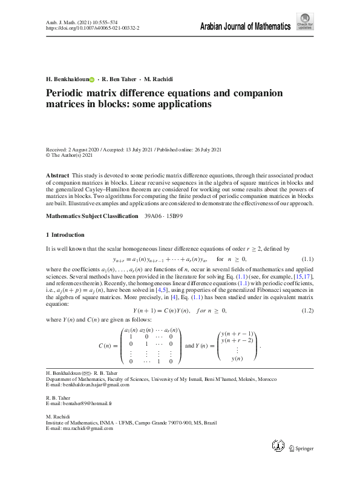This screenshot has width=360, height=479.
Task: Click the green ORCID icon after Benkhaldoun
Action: coord(93,79)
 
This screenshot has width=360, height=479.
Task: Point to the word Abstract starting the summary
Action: coord(57,175)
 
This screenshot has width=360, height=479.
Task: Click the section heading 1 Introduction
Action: coord(65,234)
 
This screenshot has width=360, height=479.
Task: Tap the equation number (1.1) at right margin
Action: coord(307,260)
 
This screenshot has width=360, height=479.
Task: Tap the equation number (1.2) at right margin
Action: coord(307,311)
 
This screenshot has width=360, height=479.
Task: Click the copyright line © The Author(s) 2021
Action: coord(70,155)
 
